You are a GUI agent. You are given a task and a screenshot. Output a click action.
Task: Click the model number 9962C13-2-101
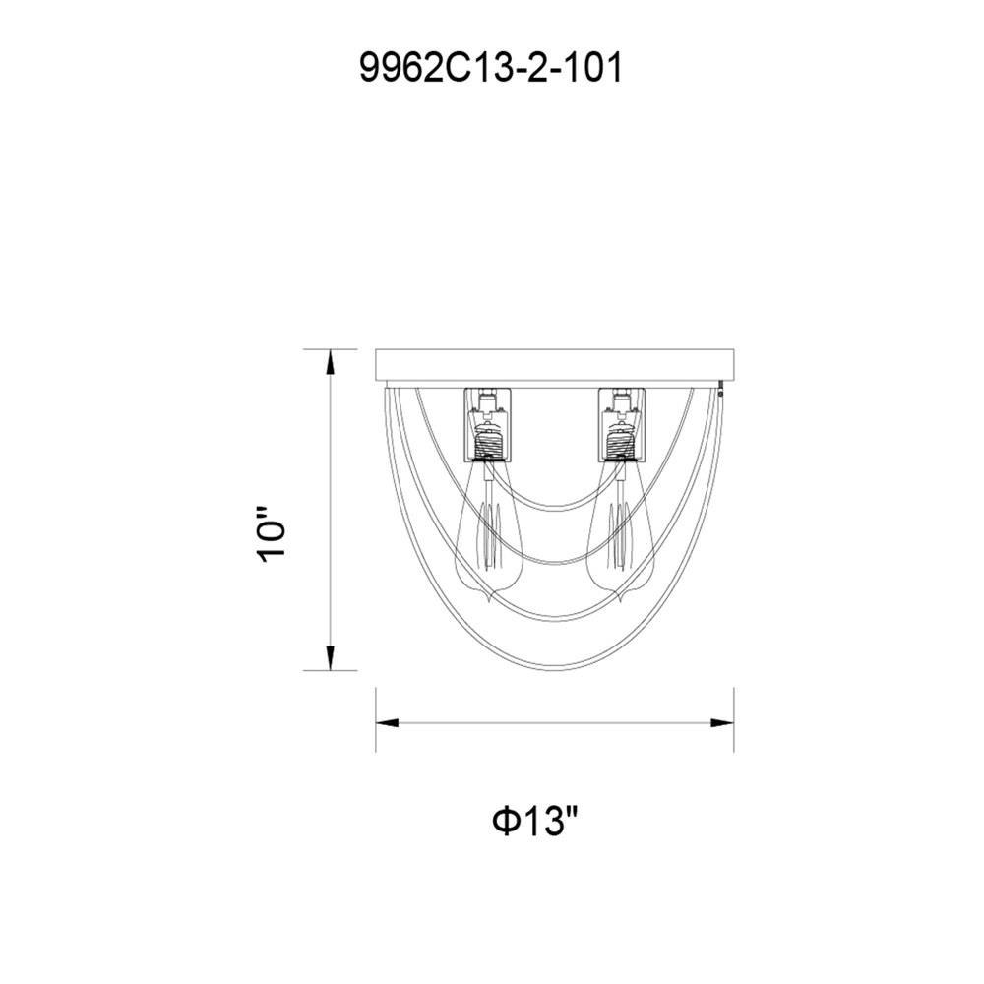click(491, 67)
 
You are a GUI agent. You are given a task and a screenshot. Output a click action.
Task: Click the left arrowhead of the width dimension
click(387, 723)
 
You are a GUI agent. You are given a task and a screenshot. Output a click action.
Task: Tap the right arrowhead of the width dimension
click(722, 723)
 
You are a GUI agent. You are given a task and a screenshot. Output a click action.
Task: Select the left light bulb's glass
click(486, 532)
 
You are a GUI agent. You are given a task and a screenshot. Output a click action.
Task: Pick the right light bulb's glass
click(621, 532)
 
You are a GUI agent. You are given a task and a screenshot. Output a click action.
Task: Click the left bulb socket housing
click(488, 424)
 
